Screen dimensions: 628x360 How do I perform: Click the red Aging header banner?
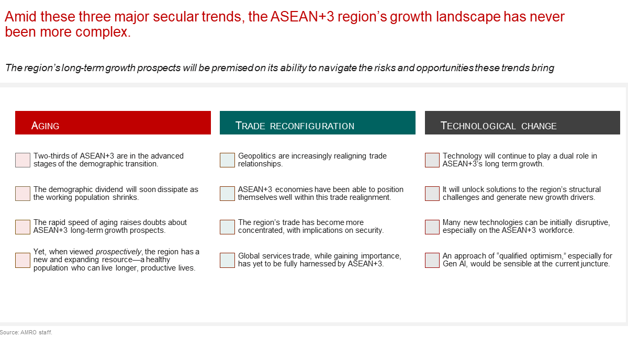coord(113,122)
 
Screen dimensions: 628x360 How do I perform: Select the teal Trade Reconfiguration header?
coord(317,122)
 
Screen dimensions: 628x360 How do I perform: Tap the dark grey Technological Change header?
coord(522,122)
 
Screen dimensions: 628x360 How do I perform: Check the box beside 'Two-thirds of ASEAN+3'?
coord(23,160)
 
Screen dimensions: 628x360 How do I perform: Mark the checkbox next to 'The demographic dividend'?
coord(23,194)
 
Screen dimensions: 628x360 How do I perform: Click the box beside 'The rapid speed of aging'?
coord(23,227)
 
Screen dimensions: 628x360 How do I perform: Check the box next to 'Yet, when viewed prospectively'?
coord(23,260)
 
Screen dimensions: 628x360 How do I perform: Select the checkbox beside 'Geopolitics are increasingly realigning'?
coord(227,160)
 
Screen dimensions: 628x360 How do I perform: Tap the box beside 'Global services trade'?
coord(227,260)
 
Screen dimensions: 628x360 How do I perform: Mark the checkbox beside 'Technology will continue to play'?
coord(432,160)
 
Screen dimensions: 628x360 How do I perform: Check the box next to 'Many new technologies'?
coord(432,227)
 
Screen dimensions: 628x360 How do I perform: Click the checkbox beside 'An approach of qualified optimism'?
coord(432,260)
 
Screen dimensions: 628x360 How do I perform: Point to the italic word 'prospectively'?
coord(119,252)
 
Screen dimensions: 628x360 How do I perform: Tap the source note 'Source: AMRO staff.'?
coord(26,332)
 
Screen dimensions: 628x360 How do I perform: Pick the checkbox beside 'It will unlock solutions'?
coord(432,194)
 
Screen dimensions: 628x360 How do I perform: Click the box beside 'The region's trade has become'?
coord(227,227)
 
